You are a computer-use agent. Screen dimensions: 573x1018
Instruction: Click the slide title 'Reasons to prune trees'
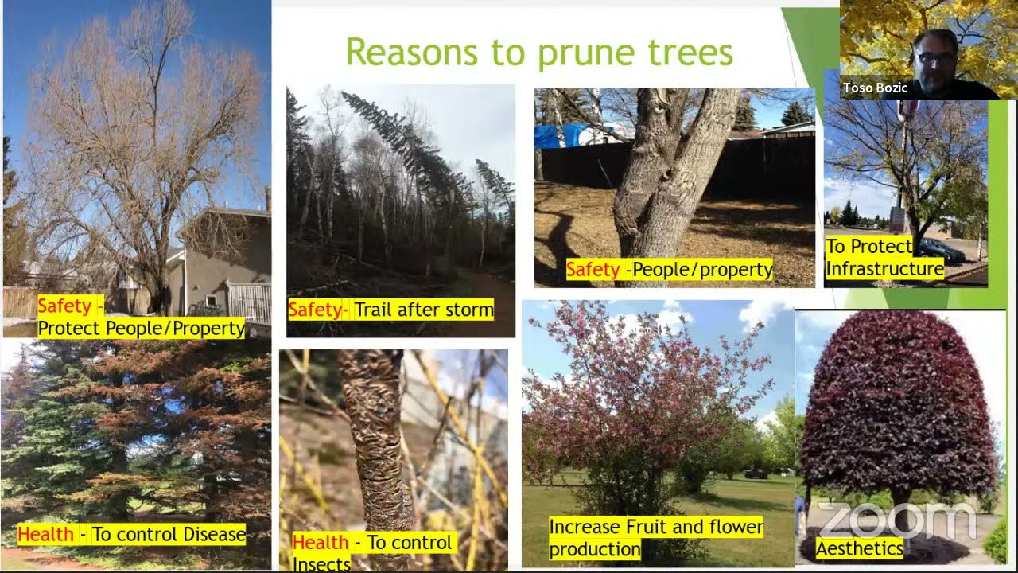pos(538,53)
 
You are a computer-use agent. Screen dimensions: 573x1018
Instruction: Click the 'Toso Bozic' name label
pos(875,88)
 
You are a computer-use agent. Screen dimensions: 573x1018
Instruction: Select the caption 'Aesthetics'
pos(859,548)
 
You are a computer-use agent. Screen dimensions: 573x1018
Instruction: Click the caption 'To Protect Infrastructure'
pos(884,258)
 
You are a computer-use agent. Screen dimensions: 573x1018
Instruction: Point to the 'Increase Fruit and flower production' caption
pos(655,538)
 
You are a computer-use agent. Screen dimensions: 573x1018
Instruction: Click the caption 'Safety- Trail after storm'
pos(390,310)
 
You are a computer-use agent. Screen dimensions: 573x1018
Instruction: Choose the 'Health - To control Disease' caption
pos(131,534)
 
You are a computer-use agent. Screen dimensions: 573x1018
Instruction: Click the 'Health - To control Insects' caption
pos(371,552)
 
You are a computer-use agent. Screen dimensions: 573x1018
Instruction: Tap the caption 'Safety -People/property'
pos(669,270)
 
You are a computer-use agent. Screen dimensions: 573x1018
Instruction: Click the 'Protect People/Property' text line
pos(141,328)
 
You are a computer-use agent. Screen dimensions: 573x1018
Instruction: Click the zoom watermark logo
pos(896,519)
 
